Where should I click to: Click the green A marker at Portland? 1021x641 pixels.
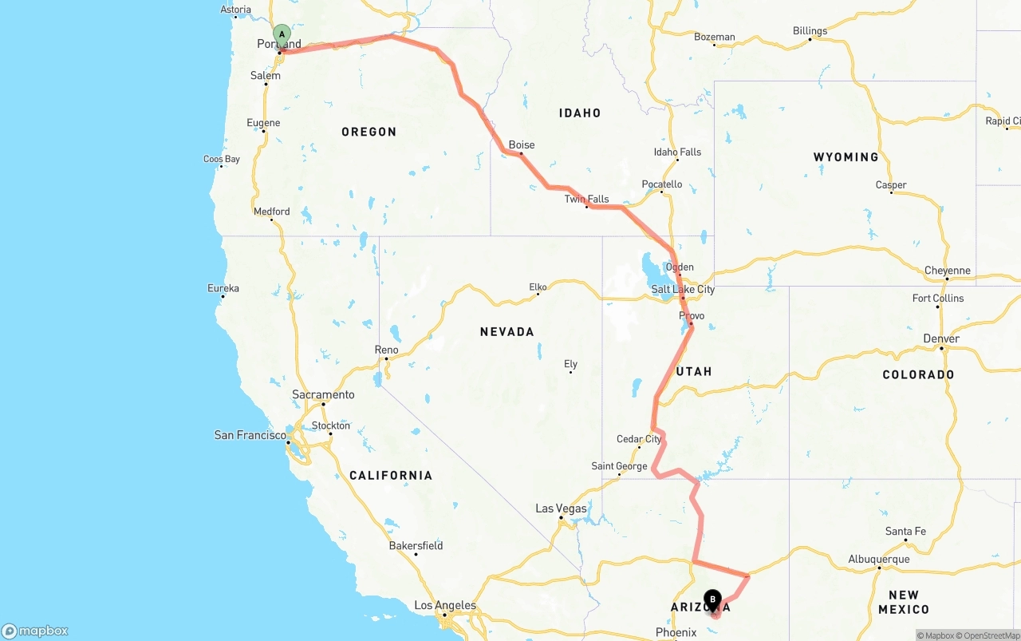coord(282,34)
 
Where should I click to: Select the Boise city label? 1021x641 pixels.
coord(522,144)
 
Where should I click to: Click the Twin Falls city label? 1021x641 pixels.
coord(586,199)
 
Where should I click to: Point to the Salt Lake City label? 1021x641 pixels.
coord(683,289)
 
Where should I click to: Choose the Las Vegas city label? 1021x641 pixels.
coord(561,508)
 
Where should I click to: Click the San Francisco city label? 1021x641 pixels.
coord(250,435)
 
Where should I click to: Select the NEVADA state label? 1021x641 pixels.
coord(507,331)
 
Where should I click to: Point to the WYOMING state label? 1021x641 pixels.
coord(846,157)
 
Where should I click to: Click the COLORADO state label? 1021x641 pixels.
coord(918,374)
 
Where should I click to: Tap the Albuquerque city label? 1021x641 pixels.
coord(879,559)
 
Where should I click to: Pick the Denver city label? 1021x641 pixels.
coord(941,338)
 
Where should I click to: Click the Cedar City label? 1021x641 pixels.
coord(639,439)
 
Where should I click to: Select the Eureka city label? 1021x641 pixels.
coord(223,288)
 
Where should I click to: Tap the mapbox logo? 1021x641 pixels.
coord(35,631)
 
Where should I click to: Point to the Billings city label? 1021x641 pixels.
coord(810,31)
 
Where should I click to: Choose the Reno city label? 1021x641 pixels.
coord(386,350)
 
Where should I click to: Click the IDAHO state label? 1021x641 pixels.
coord(580,113)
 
